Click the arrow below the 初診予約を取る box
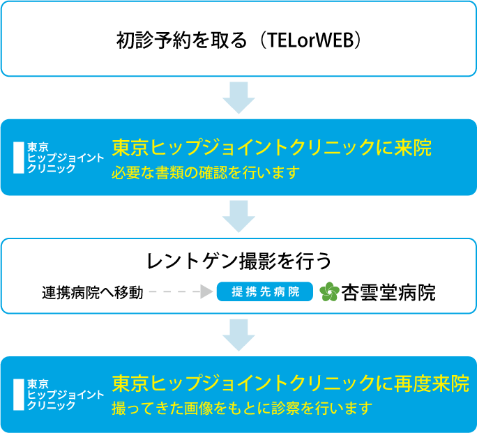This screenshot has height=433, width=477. pyautogui.click(x=238, y=98)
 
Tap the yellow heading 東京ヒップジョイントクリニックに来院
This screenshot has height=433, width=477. pyautogui.click(x=272, y=149)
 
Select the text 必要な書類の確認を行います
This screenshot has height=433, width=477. pyautogui.click(x=206, y=172)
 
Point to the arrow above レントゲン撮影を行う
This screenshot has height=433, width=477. pyautogui.click(x=238, y=216)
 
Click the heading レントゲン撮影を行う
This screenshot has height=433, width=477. pyautogui.click(x=238, y=261)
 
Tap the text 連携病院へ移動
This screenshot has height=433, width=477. pyautogui.click(x=92, y=292)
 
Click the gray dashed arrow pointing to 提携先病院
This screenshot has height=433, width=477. pyautogui.click(x=181, y=292)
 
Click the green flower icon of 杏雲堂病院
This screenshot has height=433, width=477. pyautogui.click(x=329, y=292)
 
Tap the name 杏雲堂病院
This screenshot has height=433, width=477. pyautogui.click(x=388, y=292)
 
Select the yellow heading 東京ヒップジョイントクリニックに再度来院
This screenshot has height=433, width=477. pyautogui.click(x=290, y=384)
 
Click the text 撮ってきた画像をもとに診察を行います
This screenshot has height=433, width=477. pyautogui.click(x=242, y=408)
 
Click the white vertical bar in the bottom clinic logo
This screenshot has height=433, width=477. pyautogui.click(x=19, y=394)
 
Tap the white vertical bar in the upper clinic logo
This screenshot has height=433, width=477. pyautogui.click(x=19, y=158)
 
